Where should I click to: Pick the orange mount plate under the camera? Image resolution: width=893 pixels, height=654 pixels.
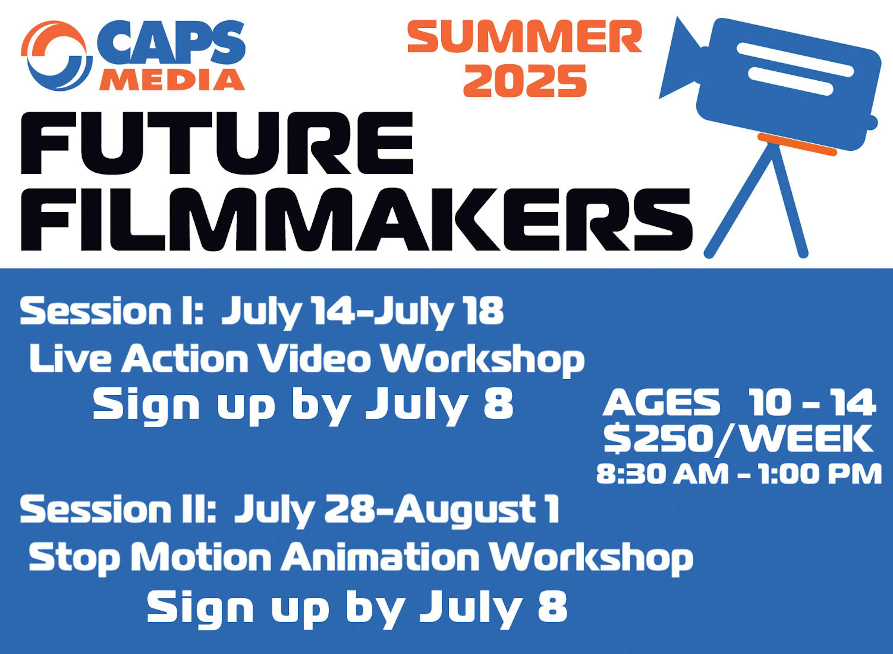coord(797,145)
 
